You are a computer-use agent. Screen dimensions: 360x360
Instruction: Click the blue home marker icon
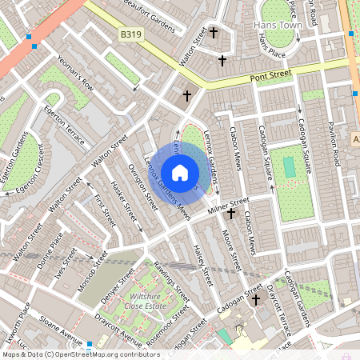pos(180,173)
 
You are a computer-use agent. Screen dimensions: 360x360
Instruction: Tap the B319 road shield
pos(133,35)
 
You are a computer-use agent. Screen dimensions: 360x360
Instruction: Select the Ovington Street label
pos(142,186)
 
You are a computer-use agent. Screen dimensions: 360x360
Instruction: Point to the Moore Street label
pos(229,251)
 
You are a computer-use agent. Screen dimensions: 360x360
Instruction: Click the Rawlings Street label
pos(171,281)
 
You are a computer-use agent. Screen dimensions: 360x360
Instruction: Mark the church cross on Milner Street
pos(231,214)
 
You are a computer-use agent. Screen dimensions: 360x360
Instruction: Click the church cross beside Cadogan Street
pos(256,301)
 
